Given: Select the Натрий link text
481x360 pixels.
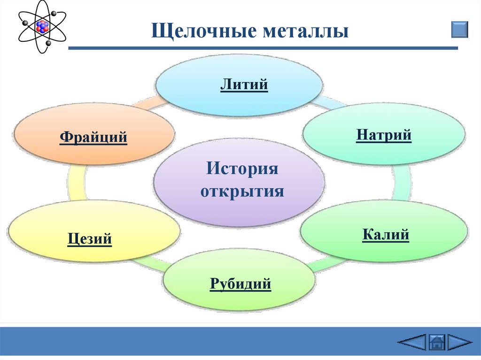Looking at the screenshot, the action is (384, 135).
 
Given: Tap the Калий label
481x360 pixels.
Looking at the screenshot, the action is (386, 234).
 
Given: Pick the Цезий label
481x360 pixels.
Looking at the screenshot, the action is (90, 239).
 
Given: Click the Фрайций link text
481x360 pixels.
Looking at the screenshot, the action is (93, 138).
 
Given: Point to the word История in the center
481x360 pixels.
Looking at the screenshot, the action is (240, 168).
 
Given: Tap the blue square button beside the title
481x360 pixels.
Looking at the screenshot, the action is (459, 29).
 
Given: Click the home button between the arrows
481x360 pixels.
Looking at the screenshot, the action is (437, 342).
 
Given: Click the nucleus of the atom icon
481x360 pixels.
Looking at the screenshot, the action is (42, 26).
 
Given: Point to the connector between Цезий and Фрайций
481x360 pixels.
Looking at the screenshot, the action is (77, 184).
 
